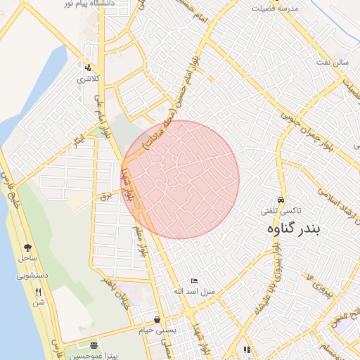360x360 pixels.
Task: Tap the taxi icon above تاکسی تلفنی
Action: (282, 199)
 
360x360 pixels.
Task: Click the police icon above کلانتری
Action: (88, 68)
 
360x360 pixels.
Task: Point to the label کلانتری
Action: (89, 79)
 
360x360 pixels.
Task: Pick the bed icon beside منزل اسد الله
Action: (195, 281)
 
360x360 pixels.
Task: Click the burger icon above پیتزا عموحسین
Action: (94, 345)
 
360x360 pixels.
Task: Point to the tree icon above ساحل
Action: (27, 247)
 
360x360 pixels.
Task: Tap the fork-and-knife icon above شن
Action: (39, 291)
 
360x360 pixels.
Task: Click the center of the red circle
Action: (180, 179)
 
